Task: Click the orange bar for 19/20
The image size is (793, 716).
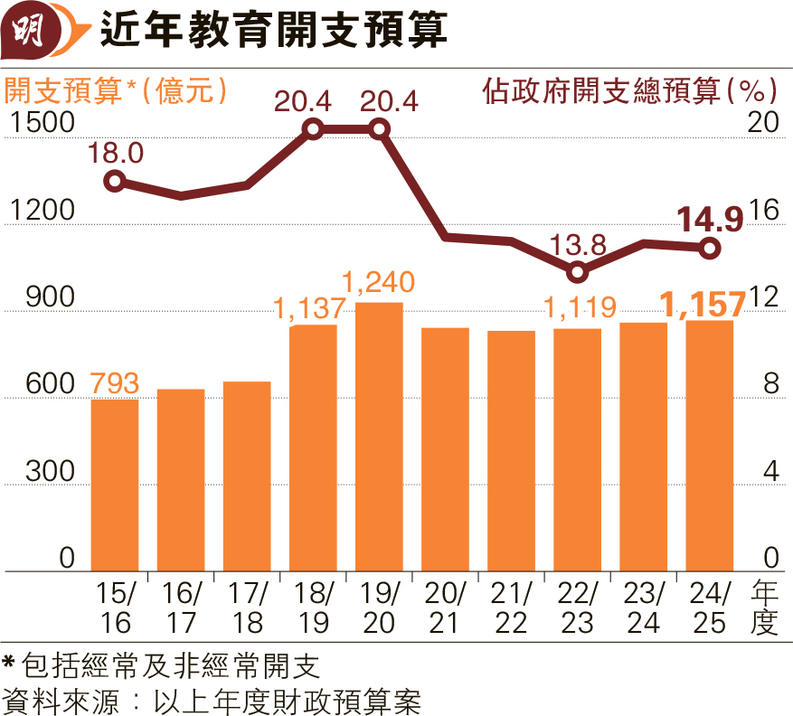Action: [x=379, y=437]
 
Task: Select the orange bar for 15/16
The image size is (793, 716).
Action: [x=115, y=485]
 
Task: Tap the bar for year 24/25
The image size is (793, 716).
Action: [x=710, y=446]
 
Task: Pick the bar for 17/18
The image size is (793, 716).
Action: [x=247, y=476]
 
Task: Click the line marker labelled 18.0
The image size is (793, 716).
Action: [x=115, y=182]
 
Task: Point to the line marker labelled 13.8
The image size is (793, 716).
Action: [x=578, y=272]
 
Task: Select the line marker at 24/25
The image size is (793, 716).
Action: [x=710, y=247]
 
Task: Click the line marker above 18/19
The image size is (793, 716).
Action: [x=313, y=129]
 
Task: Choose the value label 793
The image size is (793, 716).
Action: [x=115, y=383]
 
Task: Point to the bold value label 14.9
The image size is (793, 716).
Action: [x=711, y=218]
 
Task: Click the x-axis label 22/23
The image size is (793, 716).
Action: [x=577, y=608]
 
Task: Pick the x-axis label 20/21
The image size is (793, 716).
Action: [x=445, y=608]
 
